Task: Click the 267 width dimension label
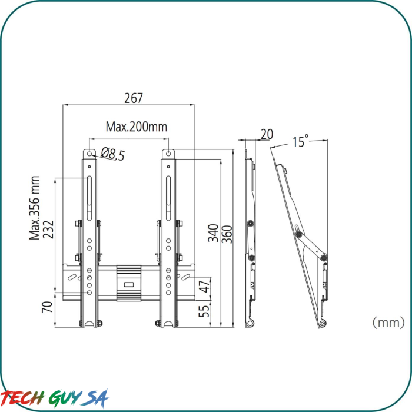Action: pyautogui.click(x=134, y=98)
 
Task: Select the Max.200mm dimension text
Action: pyautogui.click(x=136, y=127)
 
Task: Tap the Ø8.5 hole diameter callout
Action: pyautogui.click(x=113, y=154)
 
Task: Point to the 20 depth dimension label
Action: pyautogui.click(x=267, y=135)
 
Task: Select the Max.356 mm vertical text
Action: pyautogui.click(x=35, y=208)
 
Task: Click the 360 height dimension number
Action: pyautogui.click(x=227, y=233)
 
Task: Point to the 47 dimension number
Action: pyautogui.click(x=204, y=287)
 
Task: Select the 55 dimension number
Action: pyautogui.click(x=204, y=310)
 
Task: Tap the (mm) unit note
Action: pyautogui.click(x=388, y=322)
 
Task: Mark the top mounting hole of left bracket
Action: pyautogui.click(x=89, y=154)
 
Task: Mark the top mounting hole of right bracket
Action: pyautogui.click(x=169, y=154)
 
